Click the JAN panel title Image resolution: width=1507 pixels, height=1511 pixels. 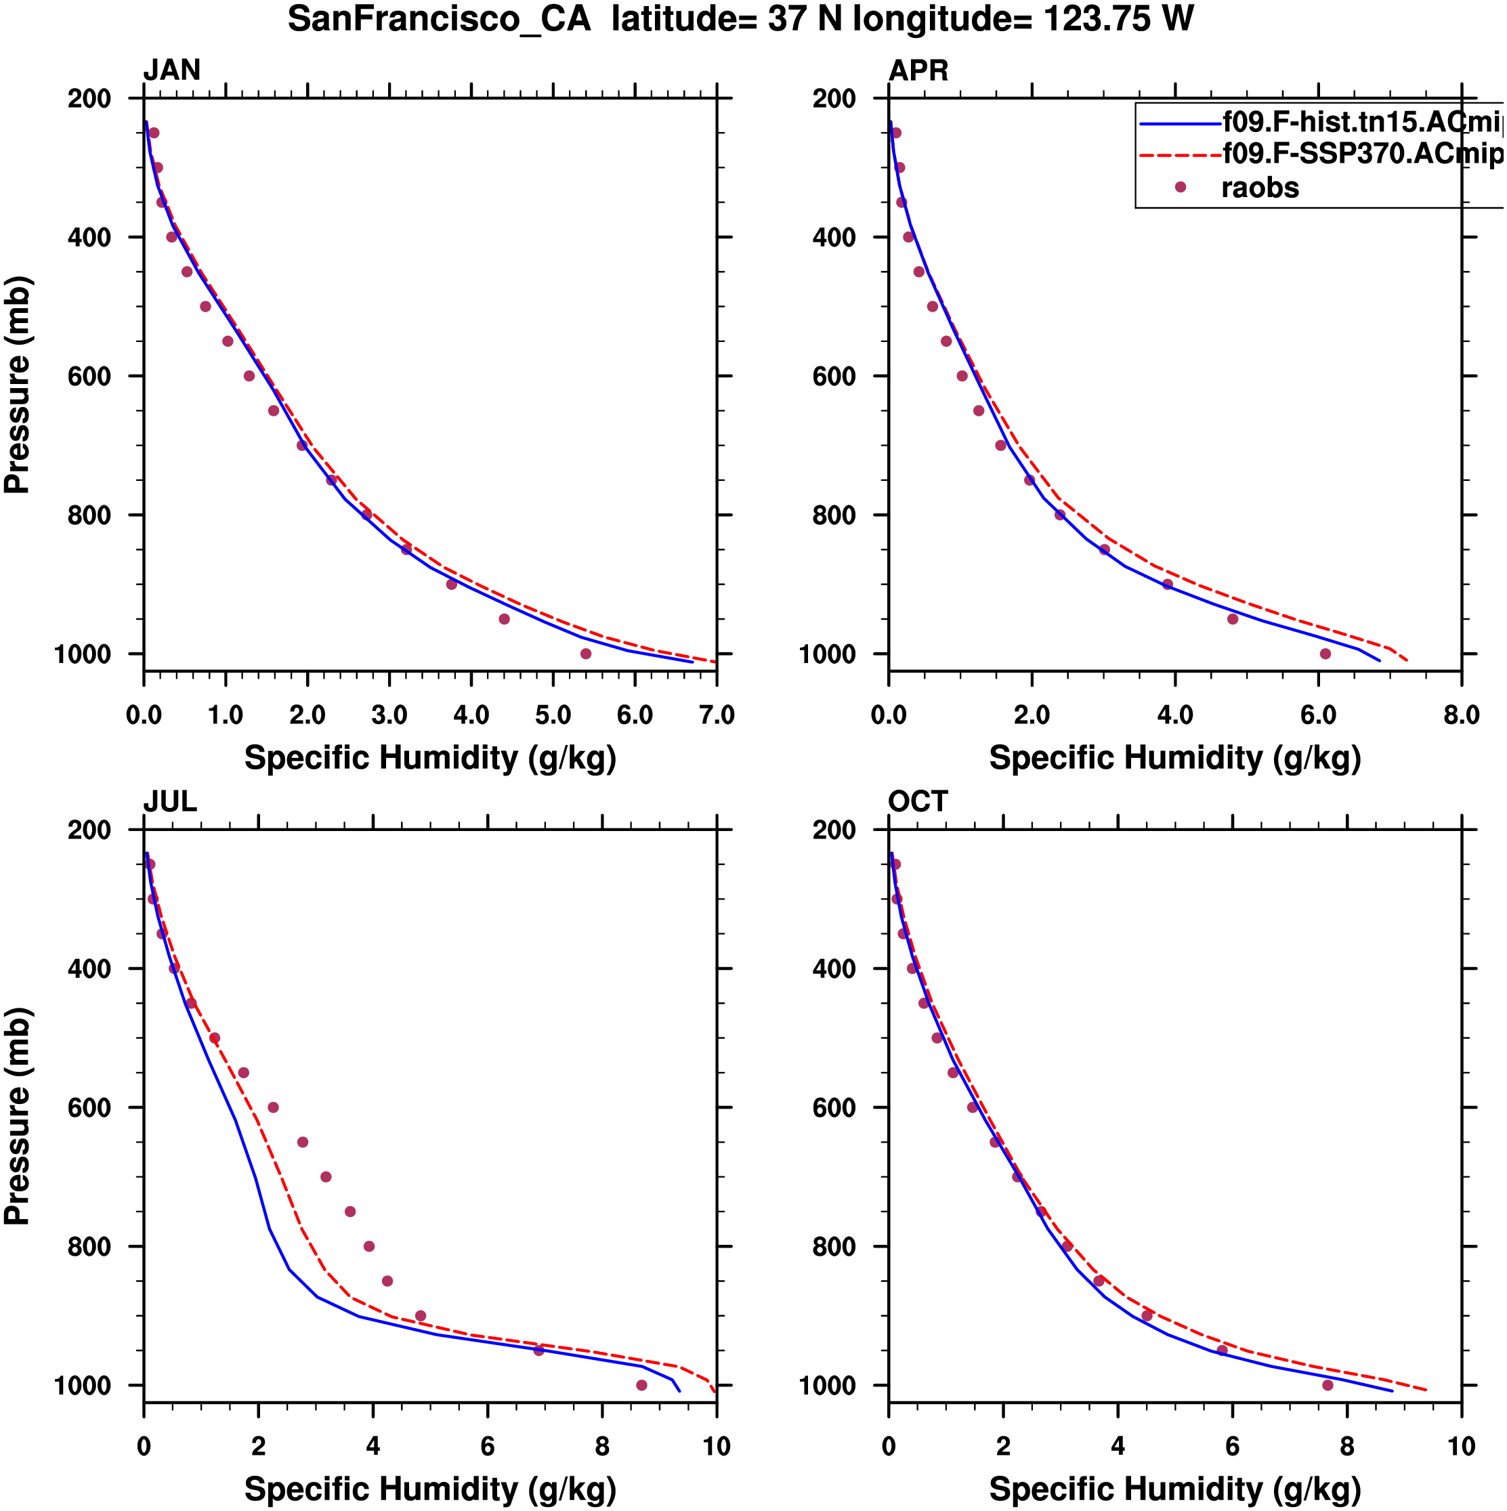(171, 70)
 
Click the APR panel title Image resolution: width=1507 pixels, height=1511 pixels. (918, 70)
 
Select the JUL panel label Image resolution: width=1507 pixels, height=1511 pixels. (170, 802)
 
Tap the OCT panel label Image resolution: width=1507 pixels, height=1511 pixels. (917, 802)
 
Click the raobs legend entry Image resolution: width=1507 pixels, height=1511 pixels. (1259, 188)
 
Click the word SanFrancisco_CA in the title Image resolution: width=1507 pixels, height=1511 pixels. (439, 19)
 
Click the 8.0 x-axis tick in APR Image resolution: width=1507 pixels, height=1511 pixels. (1461, 715)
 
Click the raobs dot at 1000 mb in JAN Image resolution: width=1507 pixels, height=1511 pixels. (586, 654)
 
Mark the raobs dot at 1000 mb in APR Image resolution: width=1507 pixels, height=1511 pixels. (1325, 654)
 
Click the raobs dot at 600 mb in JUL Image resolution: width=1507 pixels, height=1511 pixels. (273, 1107)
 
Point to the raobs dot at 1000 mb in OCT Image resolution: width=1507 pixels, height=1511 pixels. (1327, 1385)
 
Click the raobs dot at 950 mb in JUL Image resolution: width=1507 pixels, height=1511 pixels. (538, 1350)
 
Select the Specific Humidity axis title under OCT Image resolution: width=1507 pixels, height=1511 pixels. (1174, 1489)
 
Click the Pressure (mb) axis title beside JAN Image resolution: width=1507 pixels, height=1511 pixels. (17, 384)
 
